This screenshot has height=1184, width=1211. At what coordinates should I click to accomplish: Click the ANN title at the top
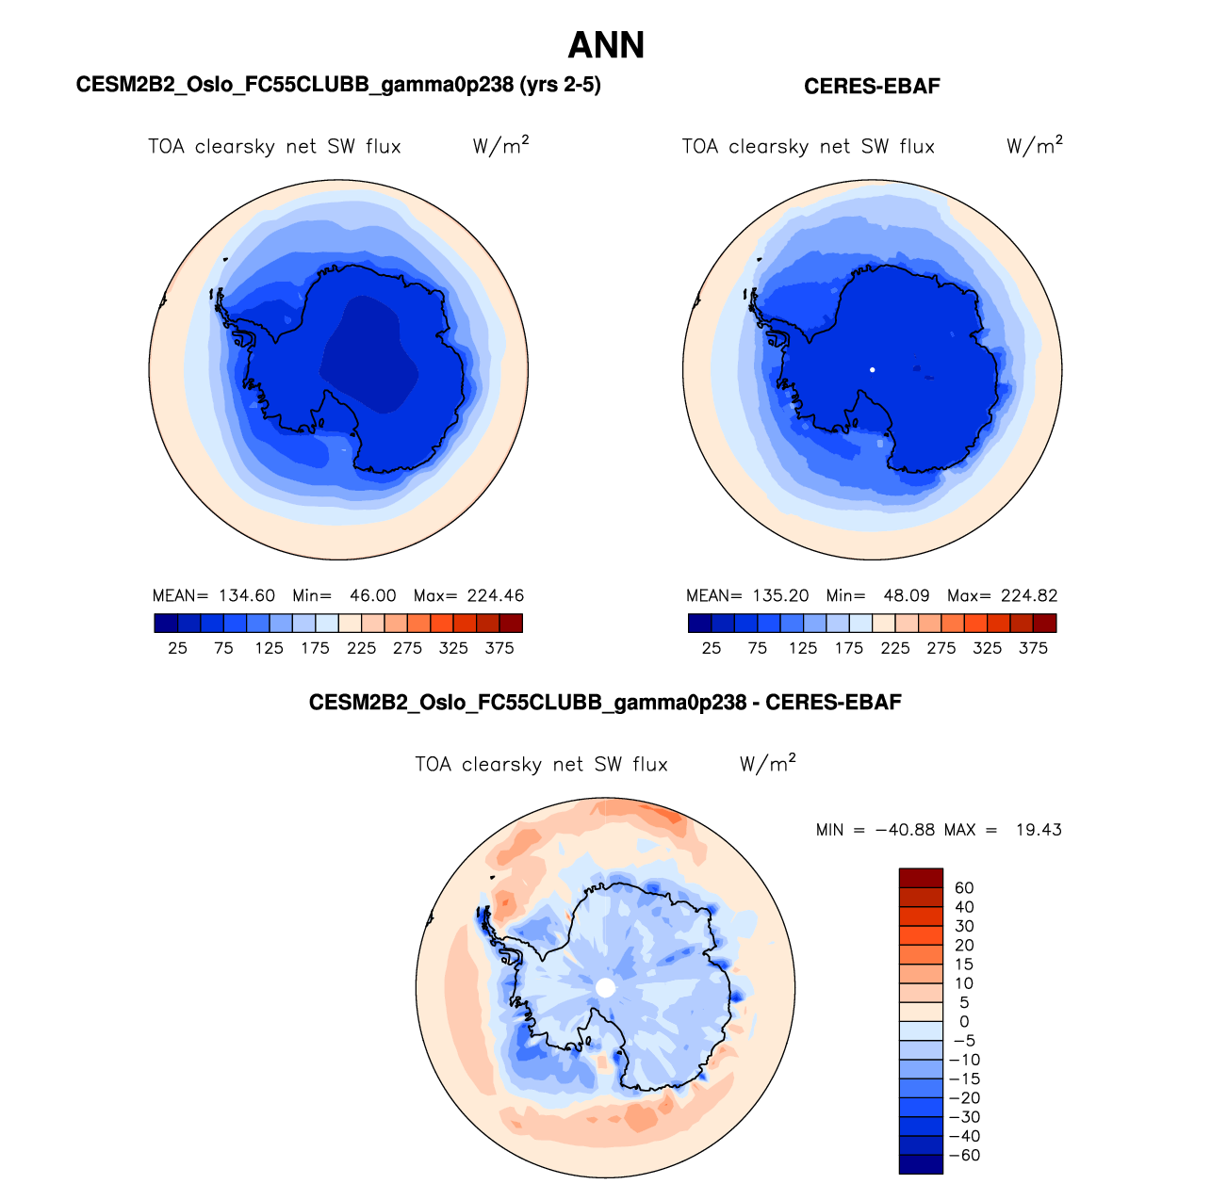[x=606, y=45]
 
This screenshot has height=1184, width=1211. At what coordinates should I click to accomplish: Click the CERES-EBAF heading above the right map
[x=872, y=87]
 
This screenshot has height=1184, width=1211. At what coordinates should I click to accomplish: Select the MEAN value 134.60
[x=247, y=596]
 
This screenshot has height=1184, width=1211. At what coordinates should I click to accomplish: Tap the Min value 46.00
[x=372, y=596]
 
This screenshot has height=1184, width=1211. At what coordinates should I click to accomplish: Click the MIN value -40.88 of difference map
[x=905, y=830]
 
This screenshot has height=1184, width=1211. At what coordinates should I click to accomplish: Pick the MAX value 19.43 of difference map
[x=1039, y=830]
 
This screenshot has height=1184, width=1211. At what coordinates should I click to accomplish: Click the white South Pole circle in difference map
[x=606, y=987]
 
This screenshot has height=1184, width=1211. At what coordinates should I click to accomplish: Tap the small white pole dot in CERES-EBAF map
[x=873, y=370]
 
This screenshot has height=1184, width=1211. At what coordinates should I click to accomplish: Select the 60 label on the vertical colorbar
[x=964, y=888]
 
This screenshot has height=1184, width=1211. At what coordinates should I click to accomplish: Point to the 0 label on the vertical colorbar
[x=964, y=1022]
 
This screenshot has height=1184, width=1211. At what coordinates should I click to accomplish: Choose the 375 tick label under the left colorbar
[x=499, y=648]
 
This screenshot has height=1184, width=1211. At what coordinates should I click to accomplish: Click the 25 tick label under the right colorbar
[x=712, y=648]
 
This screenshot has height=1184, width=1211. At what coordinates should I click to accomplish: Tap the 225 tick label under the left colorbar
[x=361, y=648]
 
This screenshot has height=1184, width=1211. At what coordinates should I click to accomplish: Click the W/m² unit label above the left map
[x=500, y=146]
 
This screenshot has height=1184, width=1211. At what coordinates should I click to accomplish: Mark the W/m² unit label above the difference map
[x=767, y=764]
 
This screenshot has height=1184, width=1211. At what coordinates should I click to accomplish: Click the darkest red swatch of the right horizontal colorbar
[x=1044, y=624]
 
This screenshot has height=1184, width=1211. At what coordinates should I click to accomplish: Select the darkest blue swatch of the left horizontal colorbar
[x=166, y=624]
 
